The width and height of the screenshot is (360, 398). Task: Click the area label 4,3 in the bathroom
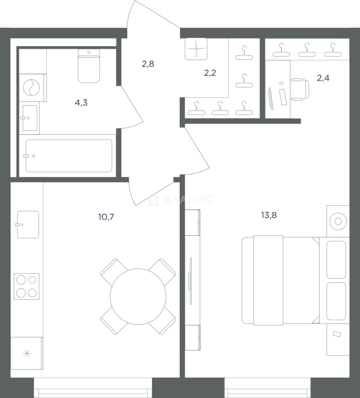81,103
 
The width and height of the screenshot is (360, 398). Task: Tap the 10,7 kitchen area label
106,217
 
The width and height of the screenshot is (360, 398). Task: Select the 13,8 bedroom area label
269,215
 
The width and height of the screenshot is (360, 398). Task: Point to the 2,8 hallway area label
148,64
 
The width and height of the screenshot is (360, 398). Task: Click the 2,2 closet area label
210,73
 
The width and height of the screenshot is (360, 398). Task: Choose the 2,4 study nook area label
323,78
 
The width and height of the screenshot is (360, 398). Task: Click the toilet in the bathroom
89,66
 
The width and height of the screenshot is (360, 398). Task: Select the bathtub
69,156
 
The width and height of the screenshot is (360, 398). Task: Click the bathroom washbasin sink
30,118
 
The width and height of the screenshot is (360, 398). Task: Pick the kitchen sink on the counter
28,224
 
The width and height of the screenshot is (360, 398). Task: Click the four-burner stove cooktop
27,286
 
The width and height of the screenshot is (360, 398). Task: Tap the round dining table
138,296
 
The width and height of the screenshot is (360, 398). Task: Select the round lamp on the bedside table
338,221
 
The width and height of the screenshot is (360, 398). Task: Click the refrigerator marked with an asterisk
27,353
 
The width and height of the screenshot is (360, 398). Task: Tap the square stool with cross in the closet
196,49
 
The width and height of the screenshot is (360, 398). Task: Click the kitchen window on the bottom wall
93,387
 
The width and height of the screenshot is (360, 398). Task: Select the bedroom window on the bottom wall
268,387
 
